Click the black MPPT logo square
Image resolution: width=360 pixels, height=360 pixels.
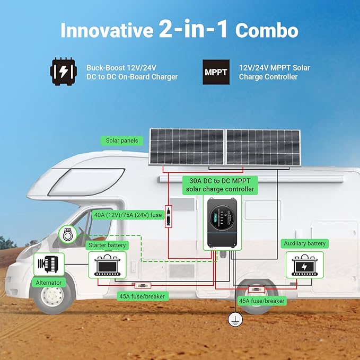tap(216, 72)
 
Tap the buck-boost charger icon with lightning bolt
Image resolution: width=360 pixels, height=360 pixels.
tap(64, 72)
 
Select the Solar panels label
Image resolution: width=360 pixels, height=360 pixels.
tap(122, 141)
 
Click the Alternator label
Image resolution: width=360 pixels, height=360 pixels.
tap(49, 283)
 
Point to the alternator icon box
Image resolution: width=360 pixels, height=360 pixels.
tap(49, 264)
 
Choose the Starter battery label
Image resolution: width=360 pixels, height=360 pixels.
tap(107, 245)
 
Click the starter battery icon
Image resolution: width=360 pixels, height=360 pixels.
tap(108, 265)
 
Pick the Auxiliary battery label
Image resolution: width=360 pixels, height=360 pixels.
tap(305, 243)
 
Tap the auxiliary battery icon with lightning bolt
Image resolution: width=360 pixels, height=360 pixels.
tap(305, 265)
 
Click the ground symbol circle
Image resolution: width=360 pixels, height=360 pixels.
tap(235, 319)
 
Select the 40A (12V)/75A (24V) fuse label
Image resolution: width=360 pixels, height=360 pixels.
tap(128, 215)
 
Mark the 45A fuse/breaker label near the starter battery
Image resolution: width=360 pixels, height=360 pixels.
tap(142, 296)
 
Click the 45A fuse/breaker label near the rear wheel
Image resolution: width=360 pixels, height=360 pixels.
tap(262, 301)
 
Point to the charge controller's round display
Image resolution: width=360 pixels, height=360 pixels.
tap(222, 218)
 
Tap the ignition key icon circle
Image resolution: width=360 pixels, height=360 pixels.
tap(68, 234)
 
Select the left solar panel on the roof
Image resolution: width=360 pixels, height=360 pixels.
tap(187, 147)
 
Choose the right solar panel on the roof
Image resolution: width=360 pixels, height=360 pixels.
tap(264, 147)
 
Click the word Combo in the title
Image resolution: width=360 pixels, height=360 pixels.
tap(267, 30)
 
